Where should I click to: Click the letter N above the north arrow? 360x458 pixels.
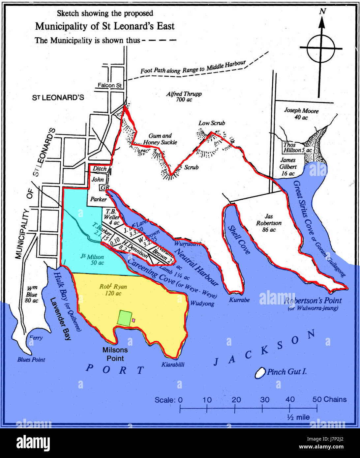point(322,11)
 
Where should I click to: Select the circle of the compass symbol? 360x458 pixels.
point(321,49)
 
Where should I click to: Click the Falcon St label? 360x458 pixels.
point(109,85)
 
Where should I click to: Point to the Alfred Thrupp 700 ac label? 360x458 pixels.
point(184,97)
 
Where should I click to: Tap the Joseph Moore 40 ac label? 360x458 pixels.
point(301,114)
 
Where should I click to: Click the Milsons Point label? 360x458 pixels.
point(115,354)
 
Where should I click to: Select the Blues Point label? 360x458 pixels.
point(31,359)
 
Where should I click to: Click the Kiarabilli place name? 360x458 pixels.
point(173,364)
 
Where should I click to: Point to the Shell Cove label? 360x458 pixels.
point(239,240)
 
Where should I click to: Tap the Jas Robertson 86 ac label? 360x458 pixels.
point(269,223)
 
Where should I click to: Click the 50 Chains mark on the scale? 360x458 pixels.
point(329,399)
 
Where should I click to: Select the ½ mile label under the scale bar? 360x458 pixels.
point(298,417)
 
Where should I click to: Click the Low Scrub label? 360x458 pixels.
point(212,123)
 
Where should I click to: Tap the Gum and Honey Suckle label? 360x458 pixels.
point(160,139)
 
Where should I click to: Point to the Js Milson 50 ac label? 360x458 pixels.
point(92,260)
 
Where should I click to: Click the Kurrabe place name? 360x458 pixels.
point(239,300)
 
